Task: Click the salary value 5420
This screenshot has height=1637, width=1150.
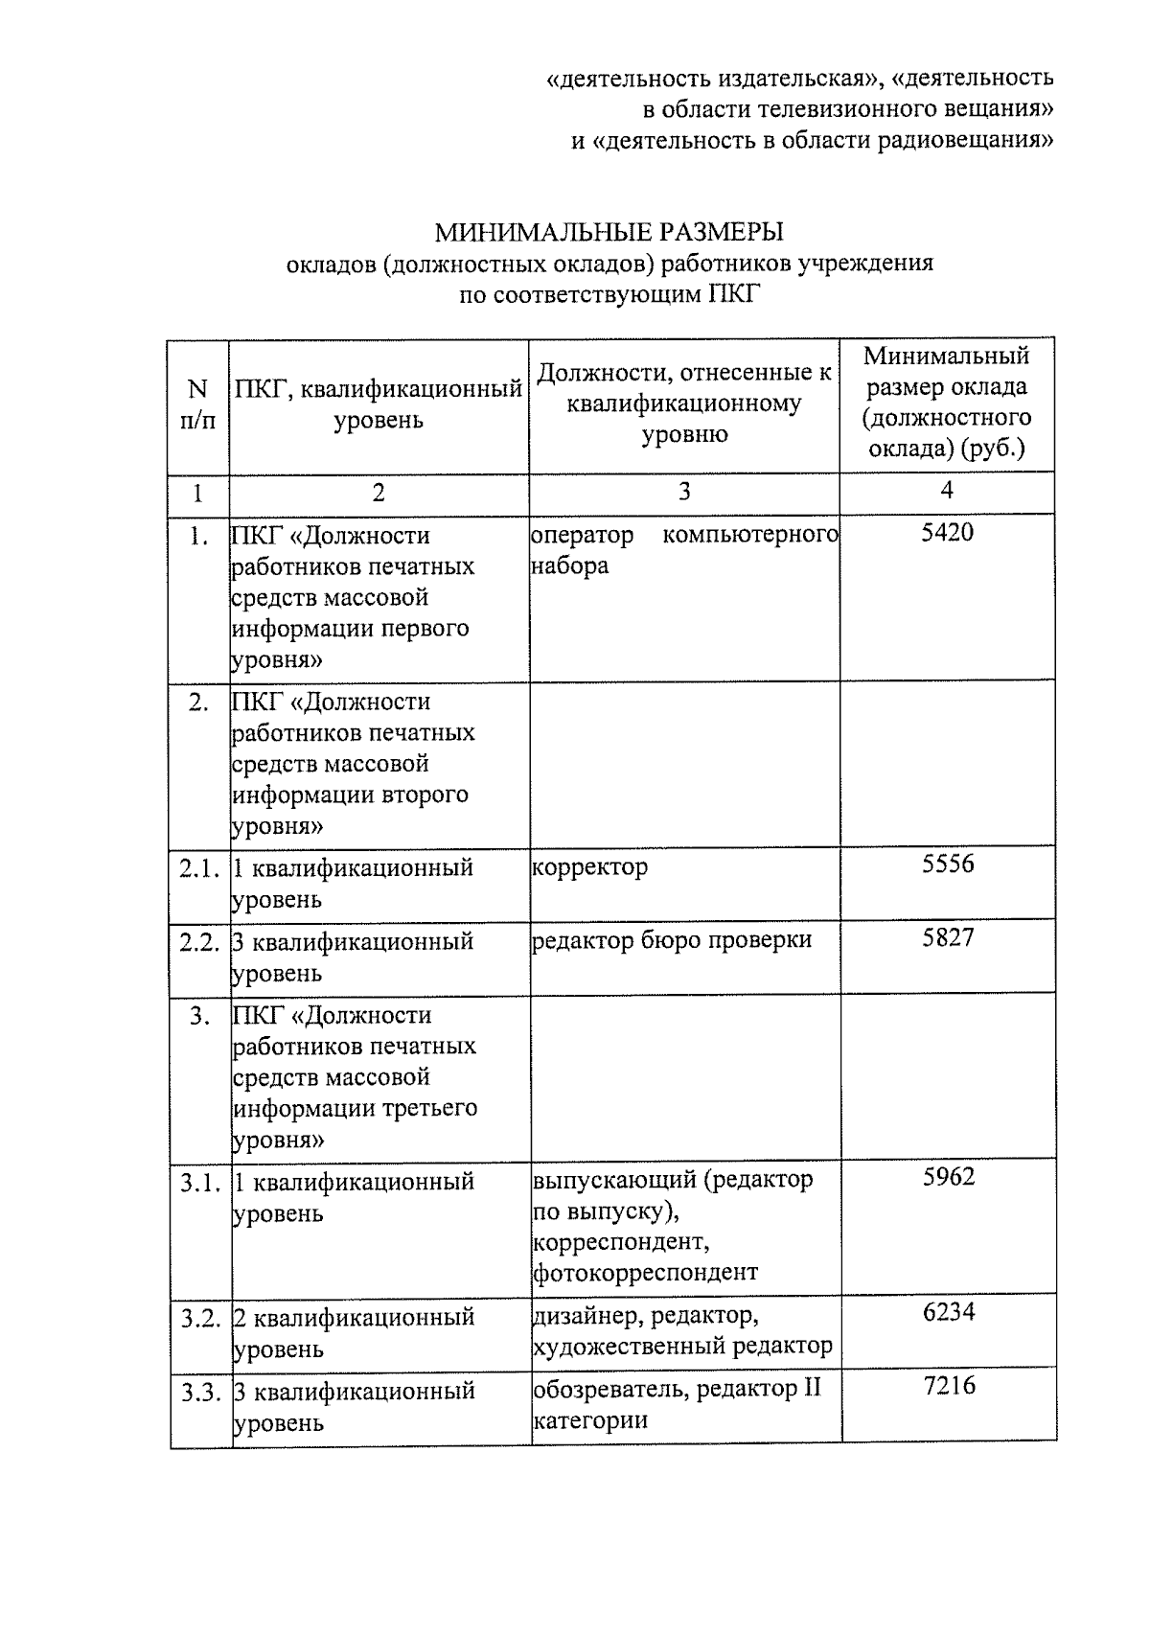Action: click(x=947, y=533)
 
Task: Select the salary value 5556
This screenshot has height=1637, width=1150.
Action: click(x=948, y=865)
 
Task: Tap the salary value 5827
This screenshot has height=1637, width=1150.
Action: click(x=948, y=938)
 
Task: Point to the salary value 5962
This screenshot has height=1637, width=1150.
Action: click(x=949, y=1178)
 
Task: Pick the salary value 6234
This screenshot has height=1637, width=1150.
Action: click(x=949, y=1313)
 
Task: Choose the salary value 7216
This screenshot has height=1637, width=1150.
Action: click(x=949, y=1387)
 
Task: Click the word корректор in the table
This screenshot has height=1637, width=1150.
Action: click(x=589, y=867)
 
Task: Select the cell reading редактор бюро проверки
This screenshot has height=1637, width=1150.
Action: click(x=672, y=940)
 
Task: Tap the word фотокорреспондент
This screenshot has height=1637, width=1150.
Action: click(x=645, y=1273)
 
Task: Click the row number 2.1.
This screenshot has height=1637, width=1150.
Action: click(x=199, y=868)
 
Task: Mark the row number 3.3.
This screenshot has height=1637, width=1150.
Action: click(x=201, y=1392)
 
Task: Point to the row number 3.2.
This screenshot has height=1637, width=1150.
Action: click(x=201, y=1318)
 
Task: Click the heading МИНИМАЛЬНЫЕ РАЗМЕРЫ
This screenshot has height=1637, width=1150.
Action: click(x=609, y=232)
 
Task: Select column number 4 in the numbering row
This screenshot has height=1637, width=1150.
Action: click(x=947, y=490)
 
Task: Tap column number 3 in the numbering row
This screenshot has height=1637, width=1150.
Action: click(x=683, y=493)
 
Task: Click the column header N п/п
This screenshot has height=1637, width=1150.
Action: click(x=197, y=404)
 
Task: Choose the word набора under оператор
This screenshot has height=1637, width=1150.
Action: click(x=569, y=566)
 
